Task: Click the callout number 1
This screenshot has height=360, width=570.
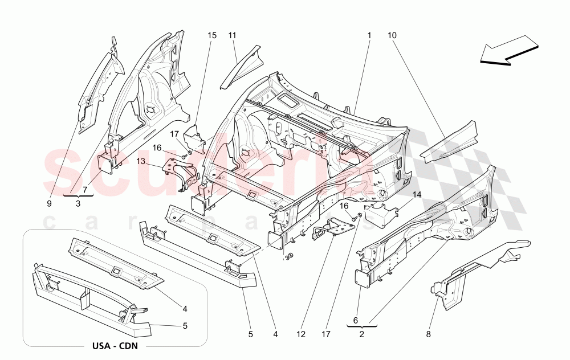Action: pyautogui.click(x=369, y=35)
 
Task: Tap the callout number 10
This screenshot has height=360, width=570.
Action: pyautogui.click(x=392, y=35)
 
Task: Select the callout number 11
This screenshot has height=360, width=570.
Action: pyautogui.click(x=233, y=35)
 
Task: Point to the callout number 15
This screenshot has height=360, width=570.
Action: pyautogui.click(x=212, y=35)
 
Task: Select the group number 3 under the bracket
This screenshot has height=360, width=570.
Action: pyautogui.click(x=78, y=203)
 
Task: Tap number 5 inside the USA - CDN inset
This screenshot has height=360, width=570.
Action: pyautogui.click(x=185, y=325)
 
